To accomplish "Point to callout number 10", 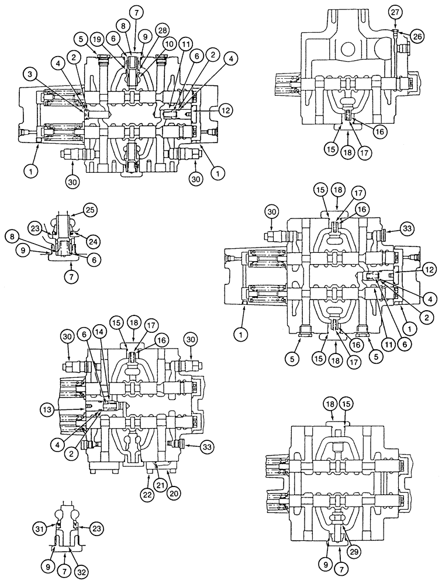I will click(170, 44).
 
